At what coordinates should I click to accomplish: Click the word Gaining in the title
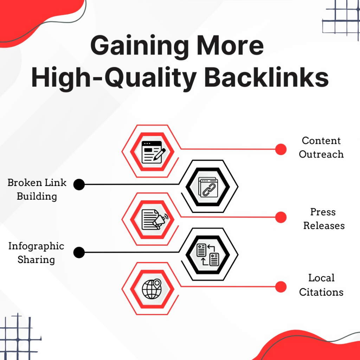point(140,45)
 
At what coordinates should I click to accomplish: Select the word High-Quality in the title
point(114,78)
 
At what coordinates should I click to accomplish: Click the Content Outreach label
point(321,147)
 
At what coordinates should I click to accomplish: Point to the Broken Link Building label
point(37,189)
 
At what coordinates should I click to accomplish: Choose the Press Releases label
point(324,219)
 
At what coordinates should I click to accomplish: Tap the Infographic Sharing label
point(36,253)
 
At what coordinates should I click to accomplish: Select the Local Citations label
point(321,285)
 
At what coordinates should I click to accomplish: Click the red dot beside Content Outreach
point(281,149)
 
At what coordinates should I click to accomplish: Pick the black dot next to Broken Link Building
point(79,185)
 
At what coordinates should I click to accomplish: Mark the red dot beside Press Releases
point(281,217)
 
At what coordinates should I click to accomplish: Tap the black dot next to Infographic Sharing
point(79,252)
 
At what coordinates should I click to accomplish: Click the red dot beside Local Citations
point(281,287)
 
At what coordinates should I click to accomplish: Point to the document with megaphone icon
point(155,219)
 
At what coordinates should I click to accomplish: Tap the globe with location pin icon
point(152,289)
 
